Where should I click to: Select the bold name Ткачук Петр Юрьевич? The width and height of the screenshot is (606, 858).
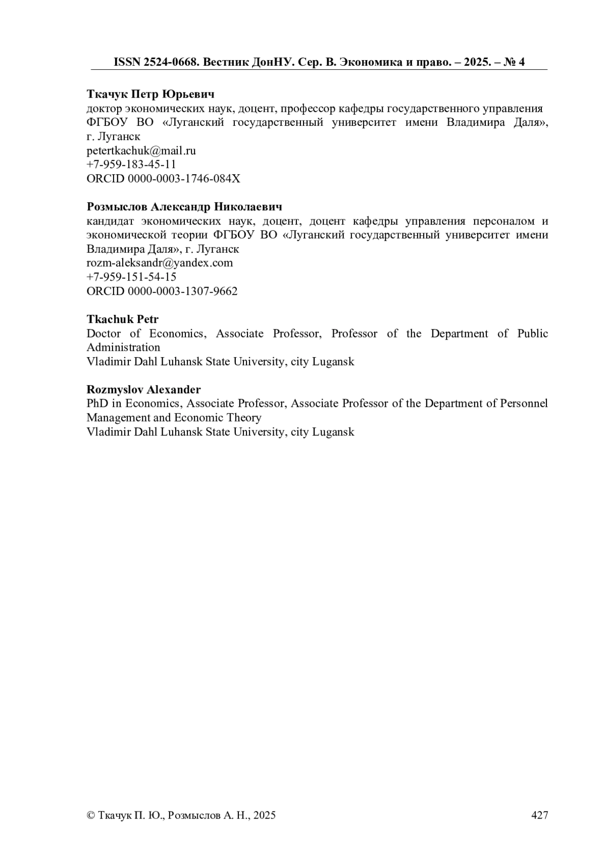(150, 94)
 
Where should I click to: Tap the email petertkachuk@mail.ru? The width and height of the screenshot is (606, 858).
(141, 151)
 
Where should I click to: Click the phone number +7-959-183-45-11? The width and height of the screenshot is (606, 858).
(131, 165)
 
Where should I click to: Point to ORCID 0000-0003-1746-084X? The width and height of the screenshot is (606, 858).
(164, 179)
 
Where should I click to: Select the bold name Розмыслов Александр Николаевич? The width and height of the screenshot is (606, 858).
(184, 207)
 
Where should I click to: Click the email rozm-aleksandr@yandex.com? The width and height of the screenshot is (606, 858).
(160, 263)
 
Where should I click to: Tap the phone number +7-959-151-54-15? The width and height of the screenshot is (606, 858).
(131, 277)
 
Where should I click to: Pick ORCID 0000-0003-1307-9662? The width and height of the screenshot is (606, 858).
(162, 291)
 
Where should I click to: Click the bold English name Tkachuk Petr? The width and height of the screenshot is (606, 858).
(123, 319)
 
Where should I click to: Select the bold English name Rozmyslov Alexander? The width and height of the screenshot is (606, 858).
(143, 390)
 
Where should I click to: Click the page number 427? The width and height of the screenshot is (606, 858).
(540, 815)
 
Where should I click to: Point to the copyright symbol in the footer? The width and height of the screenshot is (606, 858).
(91, 815)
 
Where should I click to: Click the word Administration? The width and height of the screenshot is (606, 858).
(123, 348)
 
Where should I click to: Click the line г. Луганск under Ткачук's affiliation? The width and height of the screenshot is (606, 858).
(114, 137)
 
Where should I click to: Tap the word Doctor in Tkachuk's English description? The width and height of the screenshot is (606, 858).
(104, 333)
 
